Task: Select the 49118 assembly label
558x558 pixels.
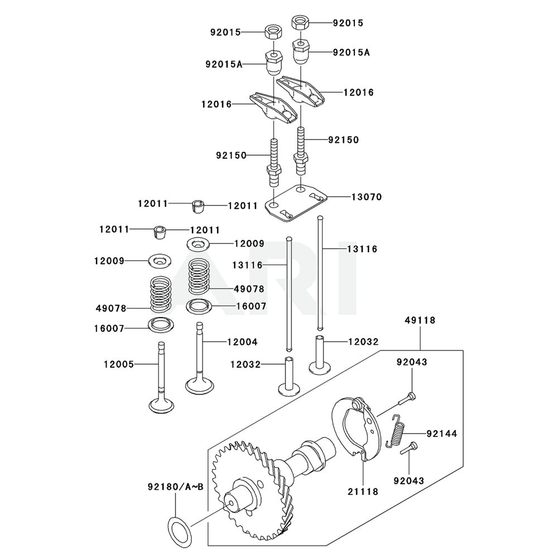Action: coord(420,320)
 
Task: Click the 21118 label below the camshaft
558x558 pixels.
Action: coord(364,492)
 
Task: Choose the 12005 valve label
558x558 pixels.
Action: coord(118,364)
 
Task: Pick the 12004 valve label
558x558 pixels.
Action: coord(242,341)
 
